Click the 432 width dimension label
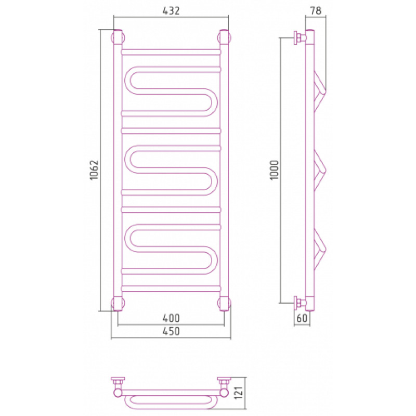171,10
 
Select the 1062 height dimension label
94,170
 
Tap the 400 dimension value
171,318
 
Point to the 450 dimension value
171,331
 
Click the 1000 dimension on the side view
275,170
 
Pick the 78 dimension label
316,10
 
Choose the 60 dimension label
302,318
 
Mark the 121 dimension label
239,393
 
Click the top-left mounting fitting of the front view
118,37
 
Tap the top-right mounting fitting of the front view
224,37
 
